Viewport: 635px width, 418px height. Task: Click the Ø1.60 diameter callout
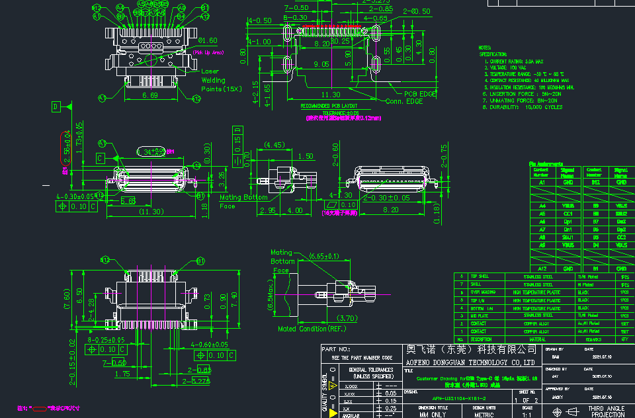click(208, 41)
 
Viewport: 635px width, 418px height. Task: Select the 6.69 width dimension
click(150, 96)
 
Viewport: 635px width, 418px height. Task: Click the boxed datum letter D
click(56, 106)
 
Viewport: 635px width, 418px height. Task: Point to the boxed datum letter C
click(100, 159)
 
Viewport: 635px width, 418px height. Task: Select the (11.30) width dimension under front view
click(150, 212)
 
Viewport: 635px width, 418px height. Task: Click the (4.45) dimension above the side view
click(274, 144)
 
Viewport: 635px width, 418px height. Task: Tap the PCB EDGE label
click(421, 94)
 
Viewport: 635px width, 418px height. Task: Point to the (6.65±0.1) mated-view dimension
click(324, 256)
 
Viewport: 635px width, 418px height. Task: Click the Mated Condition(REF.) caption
click(312, 328)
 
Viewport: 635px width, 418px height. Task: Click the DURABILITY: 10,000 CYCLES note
click(526, 106)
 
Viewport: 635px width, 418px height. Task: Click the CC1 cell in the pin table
click(568, 214)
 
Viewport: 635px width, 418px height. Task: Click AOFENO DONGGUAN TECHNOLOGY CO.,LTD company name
click(470, 362)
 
